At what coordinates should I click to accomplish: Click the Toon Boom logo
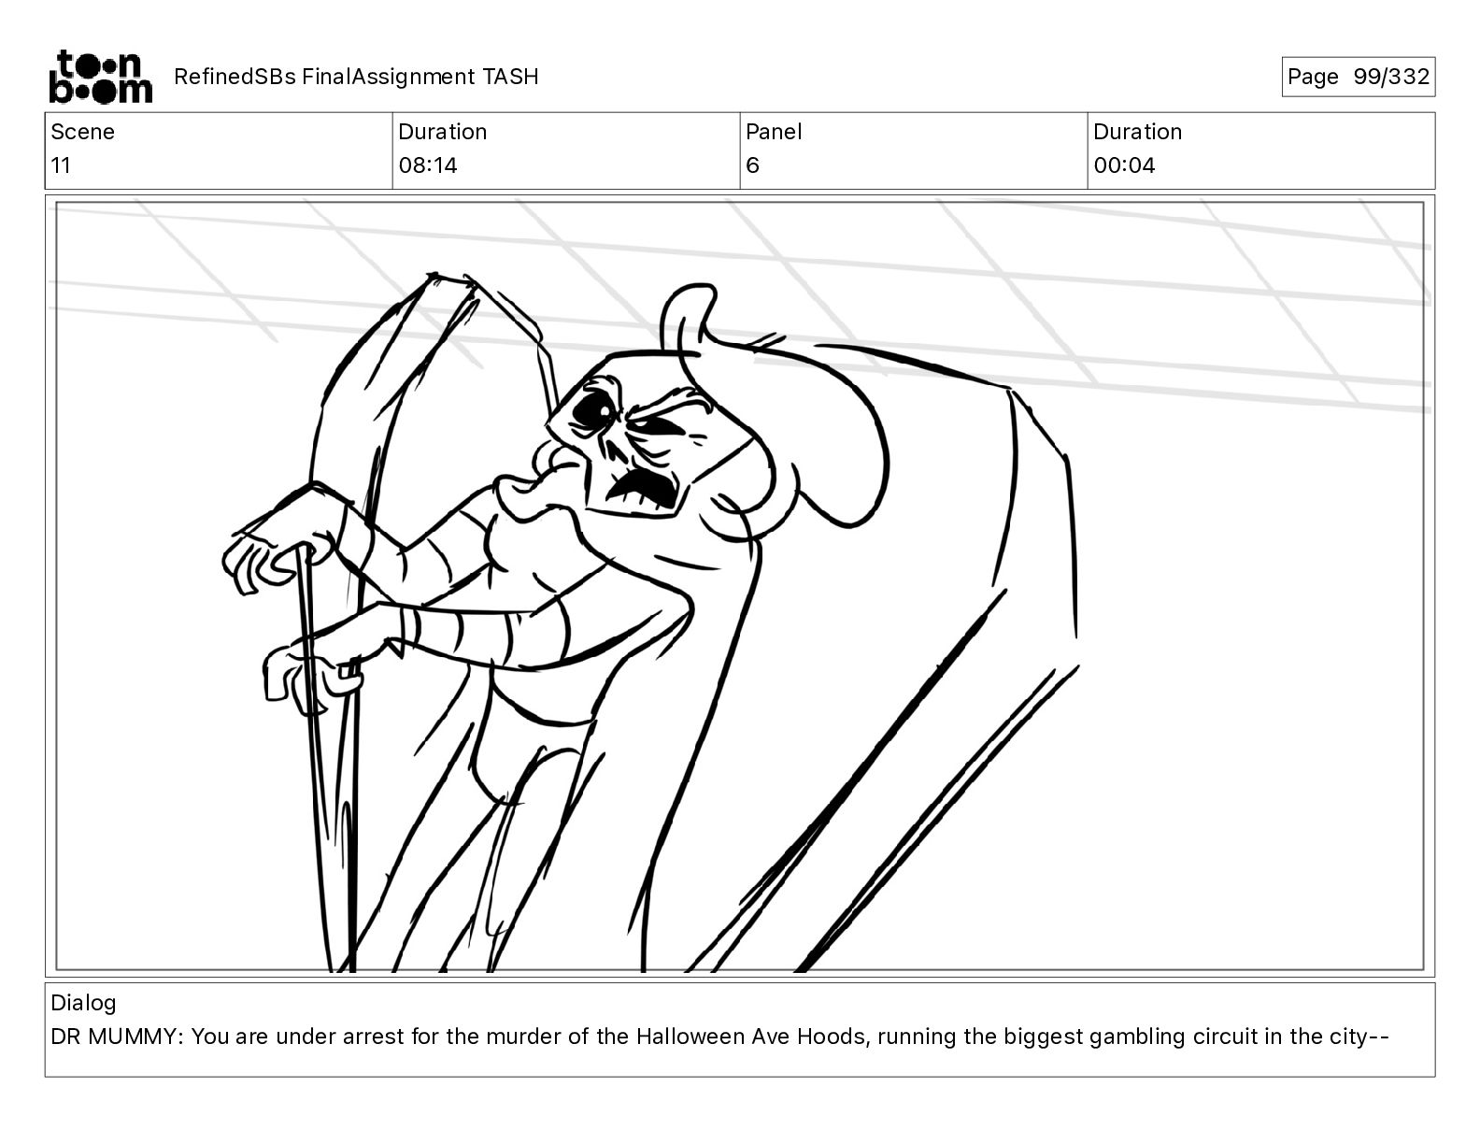pos(101,77)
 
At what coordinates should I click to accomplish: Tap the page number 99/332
pos(1391,77)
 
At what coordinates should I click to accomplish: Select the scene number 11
pos(60,164)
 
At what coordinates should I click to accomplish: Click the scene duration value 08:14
pos(428,164)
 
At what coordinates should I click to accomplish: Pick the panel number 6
pos(752,164)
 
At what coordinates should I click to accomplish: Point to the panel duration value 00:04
pos(1124,164)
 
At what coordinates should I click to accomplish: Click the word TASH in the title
pos(510,77)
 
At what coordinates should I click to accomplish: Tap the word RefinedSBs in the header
pos(235,77)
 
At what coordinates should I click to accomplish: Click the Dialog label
pos(83,1003)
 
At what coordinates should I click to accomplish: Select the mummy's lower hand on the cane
pos(310,677)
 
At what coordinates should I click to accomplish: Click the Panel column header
pos(773,132)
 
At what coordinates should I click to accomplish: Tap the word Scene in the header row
pos(82,132)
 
